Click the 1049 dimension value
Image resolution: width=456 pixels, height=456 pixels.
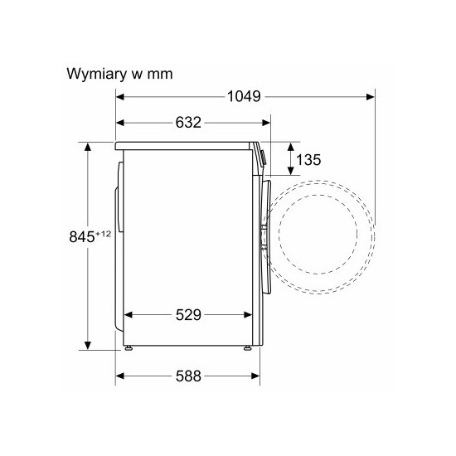point(244,96)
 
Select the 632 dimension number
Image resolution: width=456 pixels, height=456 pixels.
point(188,123)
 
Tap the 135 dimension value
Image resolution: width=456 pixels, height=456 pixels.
point(308,160)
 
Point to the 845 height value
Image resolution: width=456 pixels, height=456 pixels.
point(82,236)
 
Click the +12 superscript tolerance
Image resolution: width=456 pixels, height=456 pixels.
point(103,234)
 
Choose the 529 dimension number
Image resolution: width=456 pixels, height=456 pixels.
point(188,315)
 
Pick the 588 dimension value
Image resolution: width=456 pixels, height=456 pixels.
point(188,376)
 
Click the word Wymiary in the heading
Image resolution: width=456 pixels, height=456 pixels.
point(97,74)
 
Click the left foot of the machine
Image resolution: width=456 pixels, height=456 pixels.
point(128,348)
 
